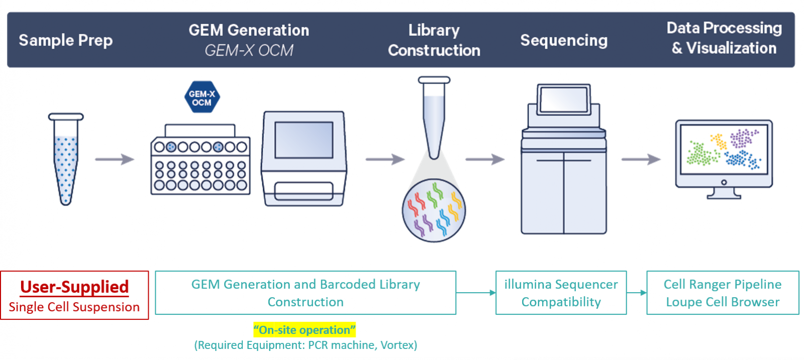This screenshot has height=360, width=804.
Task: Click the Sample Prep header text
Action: [x=66, y=40]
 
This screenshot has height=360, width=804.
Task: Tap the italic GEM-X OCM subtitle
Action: [x=249, y=50]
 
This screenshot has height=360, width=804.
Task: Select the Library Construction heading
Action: [x=434, y=40]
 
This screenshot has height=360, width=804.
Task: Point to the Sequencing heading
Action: [x=564, y=41]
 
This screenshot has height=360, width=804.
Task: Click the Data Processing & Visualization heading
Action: [x=724, y=38]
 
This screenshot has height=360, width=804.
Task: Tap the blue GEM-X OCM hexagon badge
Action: [x=202, y=97]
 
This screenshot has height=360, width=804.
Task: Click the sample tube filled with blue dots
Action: [x=66, y=159]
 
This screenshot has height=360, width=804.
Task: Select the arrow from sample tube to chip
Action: [x=115, y=159]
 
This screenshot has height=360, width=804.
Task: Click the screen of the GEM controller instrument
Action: [x=304, y=140]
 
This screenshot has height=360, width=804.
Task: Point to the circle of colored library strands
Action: [x=434, y=210]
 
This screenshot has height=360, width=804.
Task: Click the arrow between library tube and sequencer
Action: [x=485, y=159]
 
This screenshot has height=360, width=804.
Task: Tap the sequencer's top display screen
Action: [x=564, y=100]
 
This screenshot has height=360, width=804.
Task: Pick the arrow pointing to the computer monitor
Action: [x=641, y=159]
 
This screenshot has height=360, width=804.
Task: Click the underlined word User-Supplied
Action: [x=74, y=287]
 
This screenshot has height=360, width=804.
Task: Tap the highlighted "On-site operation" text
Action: [x=305, y=330]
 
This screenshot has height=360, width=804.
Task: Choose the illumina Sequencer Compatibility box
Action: [x=561, y=293]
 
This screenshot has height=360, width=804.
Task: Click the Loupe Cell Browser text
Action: [x=723, y=302]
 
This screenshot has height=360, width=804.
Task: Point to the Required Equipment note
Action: [x=306, y=345]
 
